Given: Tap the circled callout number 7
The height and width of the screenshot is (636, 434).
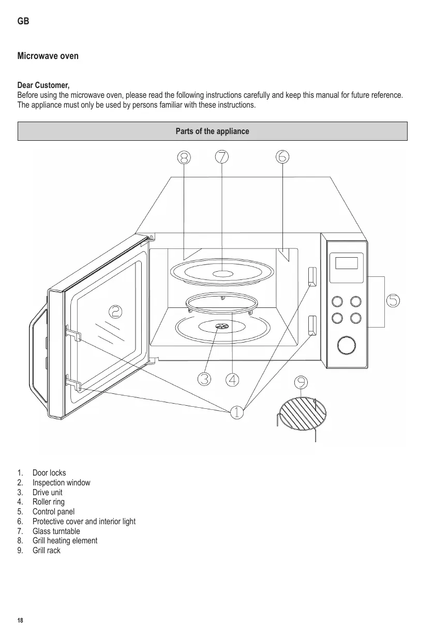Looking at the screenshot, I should coord(222,157).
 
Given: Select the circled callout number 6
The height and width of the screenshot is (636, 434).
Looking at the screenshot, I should coord(282,157).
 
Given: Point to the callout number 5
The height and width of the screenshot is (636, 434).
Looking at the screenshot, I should coord(394,300).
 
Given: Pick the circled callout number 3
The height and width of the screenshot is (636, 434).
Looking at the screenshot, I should coord(204,379).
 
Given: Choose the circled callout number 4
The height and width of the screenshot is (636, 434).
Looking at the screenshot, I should coord(232,379).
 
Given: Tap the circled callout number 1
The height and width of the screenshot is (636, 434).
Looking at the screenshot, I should coord(236,412).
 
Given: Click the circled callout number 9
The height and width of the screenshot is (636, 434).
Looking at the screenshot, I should coord(301,382).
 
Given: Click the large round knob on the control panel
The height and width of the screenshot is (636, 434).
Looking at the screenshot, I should coord(346,345).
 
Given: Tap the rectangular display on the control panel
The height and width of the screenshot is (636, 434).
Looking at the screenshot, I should coord(347,263).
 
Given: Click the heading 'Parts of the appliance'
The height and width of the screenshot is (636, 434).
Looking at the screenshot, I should coord(213,131).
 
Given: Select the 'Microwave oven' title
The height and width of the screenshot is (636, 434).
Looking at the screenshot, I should coord(48,56).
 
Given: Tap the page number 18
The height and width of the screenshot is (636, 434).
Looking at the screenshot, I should coord(20,620).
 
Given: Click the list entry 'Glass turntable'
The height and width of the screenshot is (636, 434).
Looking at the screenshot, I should coord(56,531).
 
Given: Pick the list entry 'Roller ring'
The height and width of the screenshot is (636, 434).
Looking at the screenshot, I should coord(49,502).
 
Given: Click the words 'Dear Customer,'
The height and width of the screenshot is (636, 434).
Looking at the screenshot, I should coord(43,85).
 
